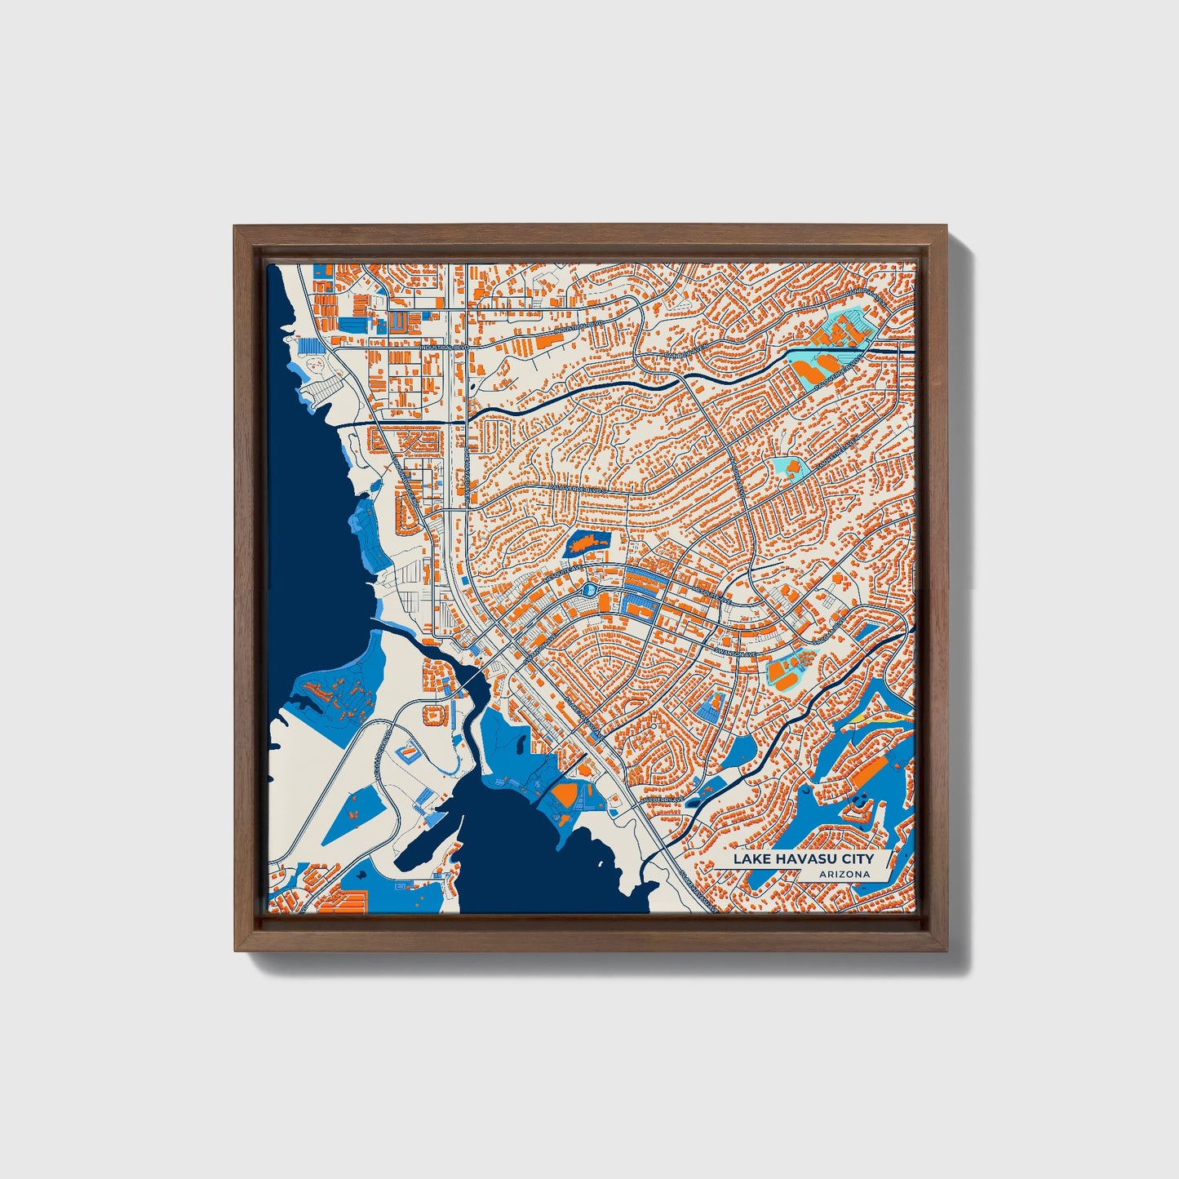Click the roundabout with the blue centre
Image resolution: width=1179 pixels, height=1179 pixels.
point(591,589)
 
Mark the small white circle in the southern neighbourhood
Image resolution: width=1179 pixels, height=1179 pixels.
point(654,725)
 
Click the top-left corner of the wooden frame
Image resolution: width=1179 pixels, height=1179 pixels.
point(236,227)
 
